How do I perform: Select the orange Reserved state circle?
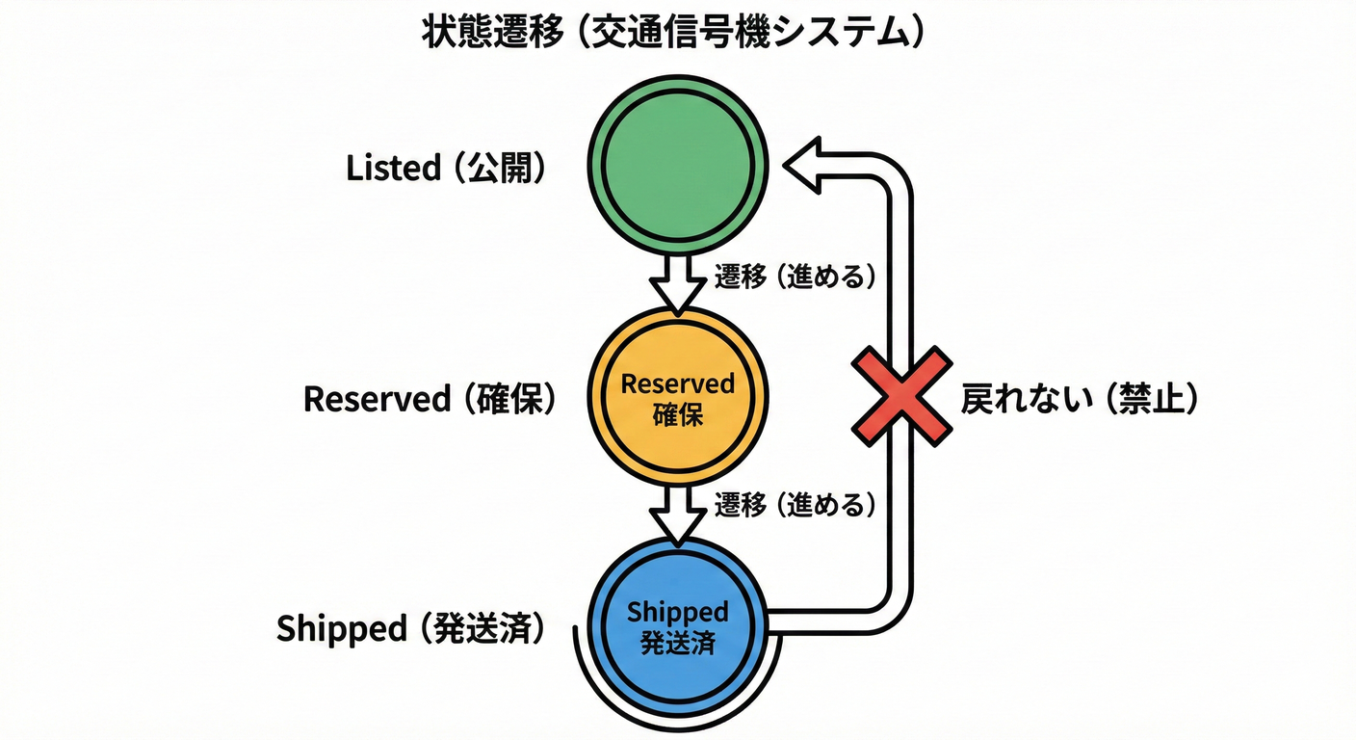coord(678,397)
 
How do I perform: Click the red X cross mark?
coord(900,396)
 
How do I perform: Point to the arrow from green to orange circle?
coord(678,282)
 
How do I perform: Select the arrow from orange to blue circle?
coord(678,512)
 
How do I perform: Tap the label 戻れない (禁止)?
coord(1079,398)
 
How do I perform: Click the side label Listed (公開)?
coord(446,169)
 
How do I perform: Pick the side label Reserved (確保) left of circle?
coord(430,399)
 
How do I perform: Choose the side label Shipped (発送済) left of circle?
coord(411,628)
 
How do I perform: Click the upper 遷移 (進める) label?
coord(795,277)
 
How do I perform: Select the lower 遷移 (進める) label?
coord(795,504)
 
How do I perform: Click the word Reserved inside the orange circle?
coord(678,383)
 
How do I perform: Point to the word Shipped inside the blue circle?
coord(678,612)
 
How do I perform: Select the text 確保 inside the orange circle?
coord(678,414)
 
